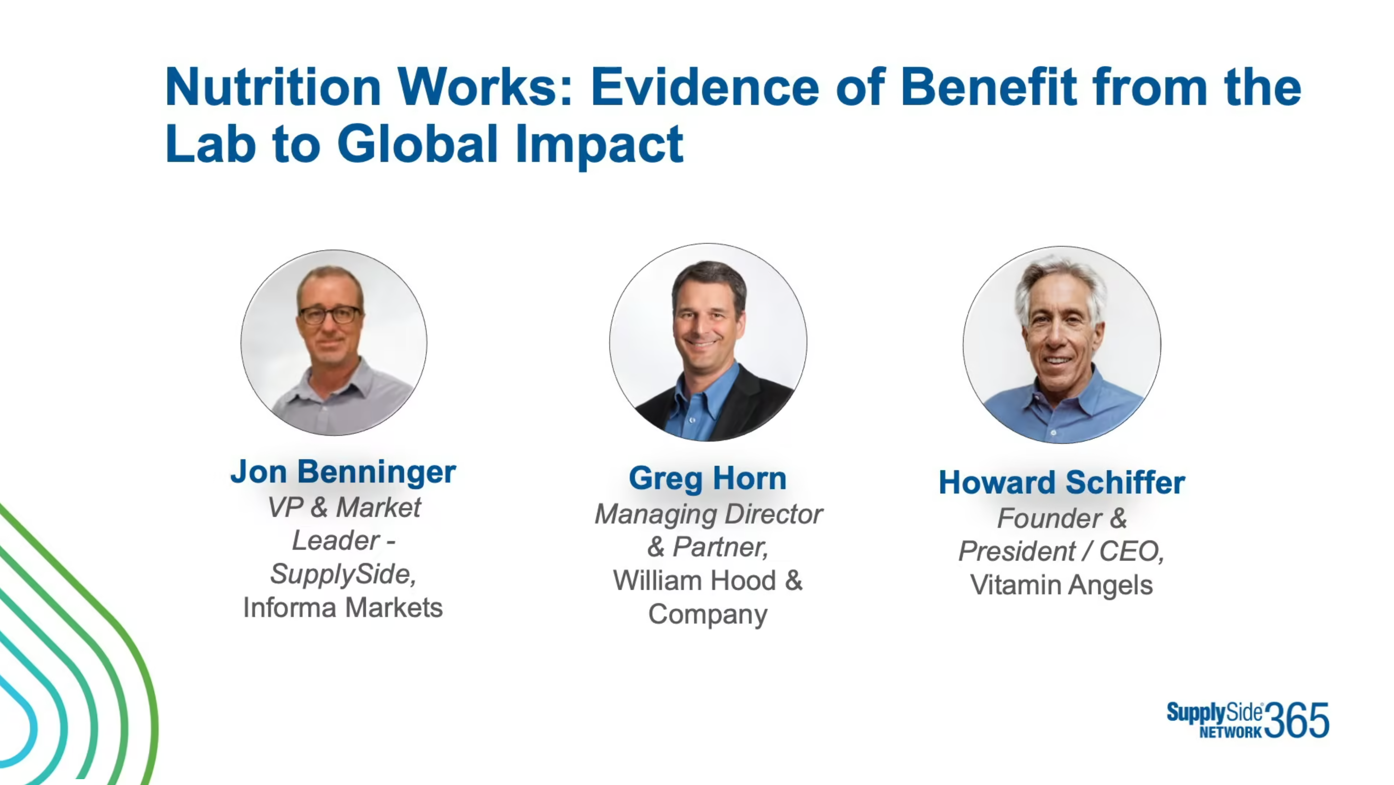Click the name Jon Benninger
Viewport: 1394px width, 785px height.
[343, 472]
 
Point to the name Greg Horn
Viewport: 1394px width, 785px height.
[707, 478]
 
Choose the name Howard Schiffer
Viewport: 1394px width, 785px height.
[1062, 482]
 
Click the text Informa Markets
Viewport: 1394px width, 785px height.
[342, 608]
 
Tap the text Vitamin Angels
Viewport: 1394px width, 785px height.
[1061, 585]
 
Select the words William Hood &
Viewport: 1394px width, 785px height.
[708, 580]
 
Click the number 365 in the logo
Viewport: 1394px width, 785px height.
[1296, 720]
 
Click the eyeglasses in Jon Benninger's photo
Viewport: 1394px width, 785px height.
[330, 315]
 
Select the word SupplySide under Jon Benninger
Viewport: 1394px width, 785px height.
[342, 574]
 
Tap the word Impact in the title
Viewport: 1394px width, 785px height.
[599, 145]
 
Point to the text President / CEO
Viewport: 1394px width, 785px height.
[1061, 551]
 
